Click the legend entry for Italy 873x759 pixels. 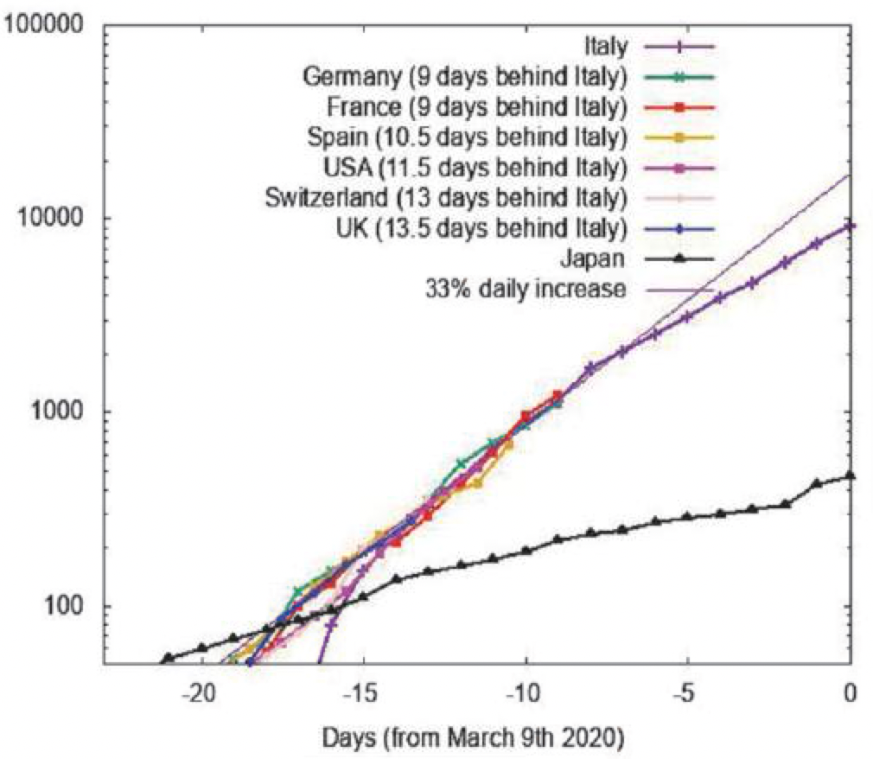point(606,47)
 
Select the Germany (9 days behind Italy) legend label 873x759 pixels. point(465,77)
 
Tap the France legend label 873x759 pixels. point(477,107)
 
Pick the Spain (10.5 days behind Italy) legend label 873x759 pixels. point(467,137)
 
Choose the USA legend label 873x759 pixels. point(475,167)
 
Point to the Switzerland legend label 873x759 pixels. point(446,197)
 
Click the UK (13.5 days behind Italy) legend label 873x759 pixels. point(481,227)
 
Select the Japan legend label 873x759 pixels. point(593,258)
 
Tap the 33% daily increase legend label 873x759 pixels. point(526,289)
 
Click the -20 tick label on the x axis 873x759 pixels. point(201,694)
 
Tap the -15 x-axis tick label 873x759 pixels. point(364,694)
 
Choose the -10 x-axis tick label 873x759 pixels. point(526,694)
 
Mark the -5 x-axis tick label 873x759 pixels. point(687,694)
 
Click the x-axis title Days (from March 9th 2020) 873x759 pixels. point(473,739)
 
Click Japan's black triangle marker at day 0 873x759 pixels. point(850,475)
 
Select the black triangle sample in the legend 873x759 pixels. point(679,258)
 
